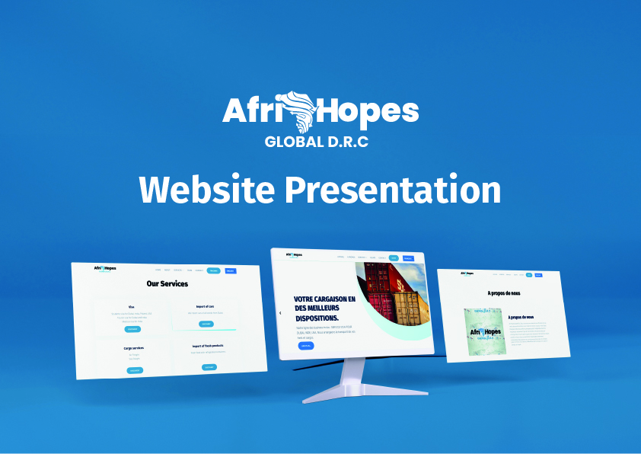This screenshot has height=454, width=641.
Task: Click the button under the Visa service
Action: coord(132,329)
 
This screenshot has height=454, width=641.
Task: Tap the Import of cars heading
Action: coord(205,307)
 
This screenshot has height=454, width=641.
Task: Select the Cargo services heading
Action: coord(134,348)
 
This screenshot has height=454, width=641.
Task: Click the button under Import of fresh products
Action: coord(209,367)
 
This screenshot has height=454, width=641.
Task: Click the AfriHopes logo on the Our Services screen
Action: coord(105,268)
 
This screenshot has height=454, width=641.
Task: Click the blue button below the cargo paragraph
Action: coord(305,346)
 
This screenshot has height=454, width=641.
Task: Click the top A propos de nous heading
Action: coord(504,293)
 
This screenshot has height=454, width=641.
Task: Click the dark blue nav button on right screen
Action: coord(538,275)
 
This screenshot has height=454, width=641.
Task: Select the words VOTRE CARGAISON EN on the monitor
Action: coord(324,299)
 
